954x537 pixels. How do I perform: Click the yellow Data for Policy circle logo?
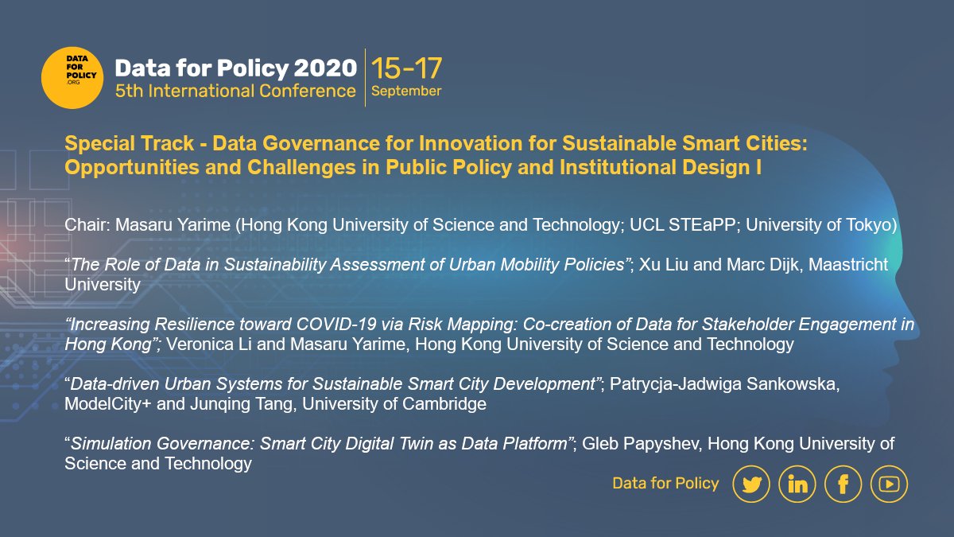pyautogui.click(x=72, y=77)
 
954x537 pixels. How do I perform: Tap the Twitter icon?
pyautogui.click(x=750, y=484)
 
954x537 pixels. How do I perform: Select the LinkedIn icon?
pyautogui.click(x=797, y=484)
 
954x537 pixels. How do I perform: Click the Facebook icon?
pyautogui.click(x=843, y=484)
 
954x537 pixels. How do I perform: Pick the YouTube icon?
pyautogui.click(x=889, y=484)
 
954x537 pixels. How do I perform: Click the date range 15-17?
pyautogui.click(x=406, y=68)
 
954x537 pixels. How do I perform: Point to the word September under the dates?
pyautogui.click(x=406, y=91)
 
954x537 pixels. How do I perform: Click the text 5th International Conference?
pyautogui.click(x=235, y=91)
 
